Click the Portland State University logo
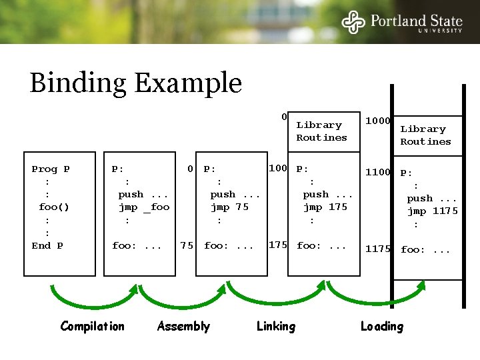click(x=402, y=22)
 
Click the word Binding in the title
click(x=79, y=84)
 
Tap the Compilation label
click(x=92, y=326)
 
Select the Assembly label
click(x=183, y=326)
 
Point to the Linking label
click(x=275, y=326)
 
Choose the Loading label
click(x=381, y=326)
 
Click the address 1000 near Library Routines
click(x=377, y=121)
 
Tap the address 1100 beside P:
click(x=377, y=172)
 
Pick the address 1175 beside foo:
click(x=377, y=249)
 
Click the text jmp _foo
click(x=144, y=207)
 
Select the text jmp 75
click(x=229, y=207)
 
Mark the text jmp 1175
click(x=433, y=211)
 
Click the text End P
click(x=47, y=245)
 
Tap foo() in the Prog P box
click(x=54, y=207)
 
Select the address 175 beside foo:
click(x=277, y=245)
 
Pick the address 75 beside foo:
click(x=187, y=245)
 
